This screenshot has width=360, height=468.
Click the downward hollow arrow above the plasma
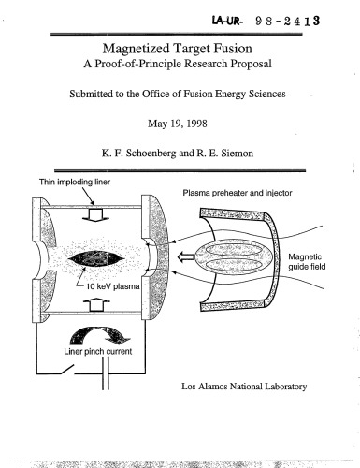pyautogui.click(x=93, y=213)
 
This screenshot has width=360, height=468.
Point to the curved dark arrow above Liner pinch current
pyautogui.click(x=94, y=332)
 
